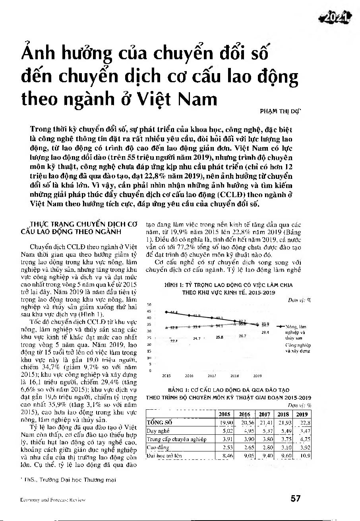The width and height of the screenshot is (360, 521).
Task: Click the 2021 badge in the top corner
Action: pyautogui.click(x=337, y=17)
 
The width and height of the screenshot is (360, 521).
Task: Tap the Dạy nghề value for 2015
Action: pyautogui.click(x=226, y=431)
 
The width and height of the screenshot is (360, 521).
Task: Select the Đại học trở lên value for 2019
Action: pyautogui.click(x=305, y=456)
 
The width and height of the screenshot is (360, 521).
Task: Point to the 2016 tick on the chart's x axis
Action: pyautogui.click(x=189, y=376)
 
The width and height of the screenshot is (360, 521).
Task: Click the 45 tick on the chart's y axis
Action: pyautogui.click(x=149, y=311)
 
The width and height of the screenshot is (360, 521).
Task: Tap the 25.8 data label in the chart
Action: pyautogui.click(x=219, y=337)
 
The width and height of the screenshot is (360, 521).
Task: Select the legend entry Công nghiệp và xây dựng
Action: pyautogui.click(x=298, y=348)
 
